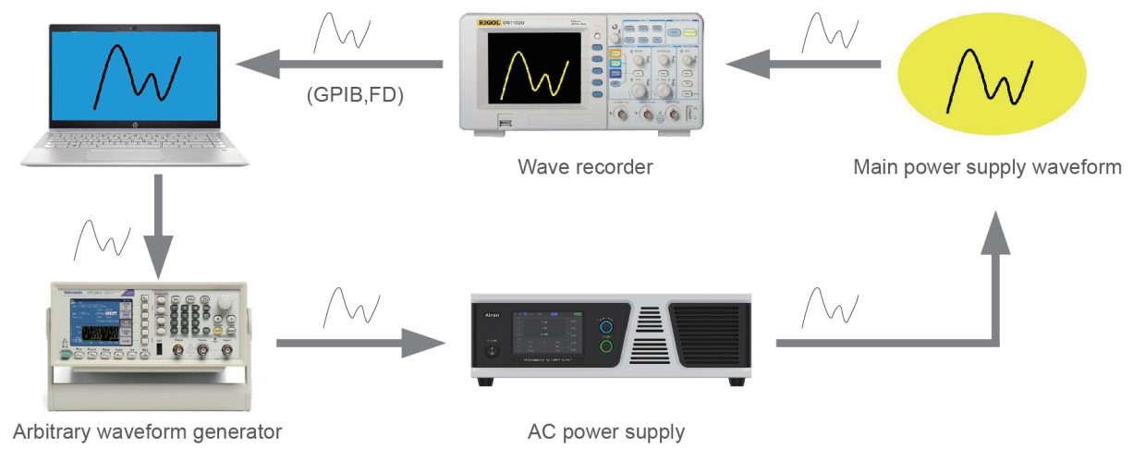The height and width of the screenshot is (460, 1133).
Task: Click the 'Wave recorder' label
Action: pos(585,167)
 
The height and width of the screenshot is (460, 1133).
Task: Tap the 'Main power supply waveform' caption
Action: pos(987,167)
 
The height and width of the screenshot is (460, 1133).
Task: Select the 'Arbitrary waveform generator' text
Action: pos(147,431)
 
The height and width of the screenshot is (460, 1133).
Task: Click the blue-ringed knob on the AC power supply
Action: pos(606,326)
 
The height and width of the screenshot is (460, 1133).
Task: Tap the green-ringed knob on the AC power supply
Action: pos(606,348)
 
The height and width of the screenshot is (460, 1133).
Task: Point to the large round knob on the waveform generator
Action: pos(225,302)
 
